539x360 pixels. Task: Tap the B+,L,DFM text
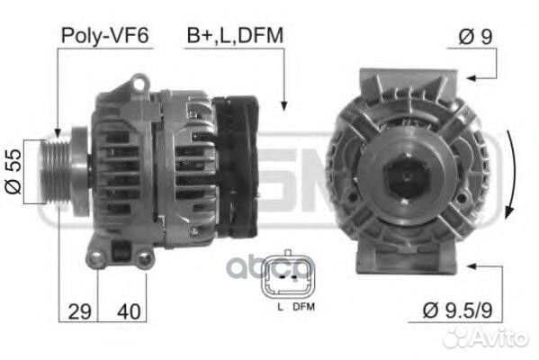coord(235,36)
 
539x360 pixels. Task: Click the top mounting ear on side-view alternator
coord(139,85)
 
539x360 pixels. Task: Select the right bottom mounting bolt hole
coord(144,258)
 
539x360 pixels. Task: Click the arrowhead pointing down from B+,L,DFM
coord(283,106)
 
